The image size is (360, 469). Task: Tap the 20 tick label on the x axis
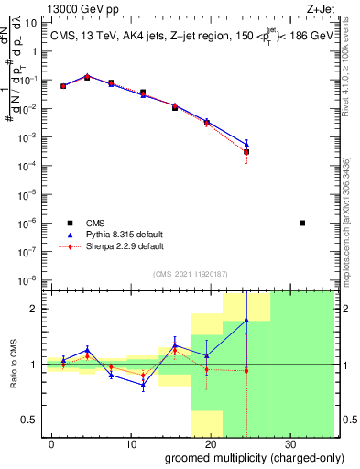[210, 443]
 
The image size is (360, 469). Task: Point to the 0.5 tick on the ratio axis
[32, 420]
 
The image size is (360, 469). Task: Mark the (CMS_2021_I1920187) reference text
[190, 272]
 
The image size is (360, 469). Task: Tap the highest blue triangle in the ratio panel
[246, 320]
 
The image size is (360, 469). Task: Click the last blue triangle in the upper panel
[246, 144]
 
